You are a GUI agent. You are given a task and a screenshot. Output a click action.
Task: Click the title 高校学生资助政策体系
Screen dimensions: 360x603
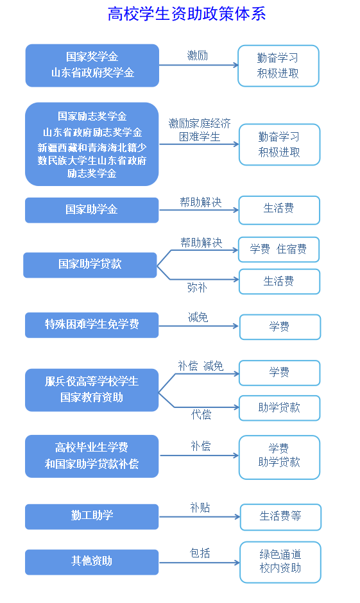(187, 14)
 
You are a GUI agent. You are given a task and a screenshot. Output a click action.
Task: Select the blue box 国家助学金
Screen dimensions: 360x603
(92, 210)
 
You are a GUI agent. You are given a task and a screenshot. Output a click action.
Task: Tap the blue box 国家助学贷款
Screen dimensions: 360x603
(90, 265)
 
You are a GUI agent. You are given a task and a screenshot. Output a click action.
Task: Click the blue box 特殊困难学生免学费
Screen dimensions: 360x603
(92, 325)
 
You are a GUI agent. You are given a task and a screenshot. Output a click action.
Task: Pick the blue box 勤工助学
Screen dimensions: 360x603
(92, 516)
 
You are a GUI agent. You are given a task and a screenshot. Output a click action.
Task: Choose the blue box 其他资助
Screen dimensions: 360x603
(92, 562)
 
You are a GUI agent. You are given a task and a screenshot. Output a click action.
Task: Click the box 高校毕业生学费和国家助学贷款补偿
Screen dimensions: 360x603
(92, 456)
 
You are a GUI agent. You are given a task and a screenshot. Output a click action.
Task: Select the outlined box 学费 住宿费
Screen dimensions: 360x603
(279, 250)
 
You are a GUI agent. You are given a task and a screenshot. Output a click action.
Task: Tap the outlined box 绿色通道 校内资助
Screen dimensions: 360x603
(280, 562)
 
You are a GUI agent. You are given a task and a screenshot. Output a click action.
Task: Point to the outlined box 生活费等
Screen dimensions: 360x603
(281, 517)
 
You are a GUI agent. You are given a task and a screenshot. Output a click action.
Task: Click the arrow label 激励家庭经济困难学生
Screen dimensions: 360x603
(200, 130)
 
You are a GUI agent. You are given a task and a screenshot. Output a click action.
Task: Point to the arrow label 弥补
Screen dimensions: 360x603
(197, 287)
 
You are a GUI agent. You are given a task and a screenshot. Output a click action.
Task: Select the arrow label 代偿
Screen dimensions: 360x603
(201, 414)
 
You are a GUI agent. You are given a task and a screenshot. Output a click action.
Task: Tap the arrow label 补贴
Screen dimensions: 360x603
(200, 507)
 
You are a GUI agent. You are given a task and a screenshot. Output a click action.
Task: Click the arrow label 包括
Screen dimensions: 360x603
(200, 553)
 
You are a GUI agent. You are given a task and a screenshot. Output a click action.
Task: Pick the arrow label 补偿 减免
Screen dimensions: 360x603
(201, 366)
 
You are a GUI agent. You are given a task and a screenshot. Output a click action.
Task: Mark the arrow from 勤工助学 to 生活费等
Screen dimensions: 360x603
(200, 517)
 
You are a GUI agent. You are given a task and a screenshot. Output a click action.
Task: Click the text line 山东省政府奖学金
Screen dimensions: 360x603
(92, 72)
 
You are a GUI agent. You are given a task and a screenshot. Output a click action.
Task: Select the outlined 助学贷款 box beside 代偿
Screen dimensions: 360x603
(280, 408)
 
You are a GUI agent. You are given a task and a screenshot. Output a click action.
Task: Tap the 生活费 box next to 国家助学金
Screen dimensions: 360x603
(279, 210)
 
